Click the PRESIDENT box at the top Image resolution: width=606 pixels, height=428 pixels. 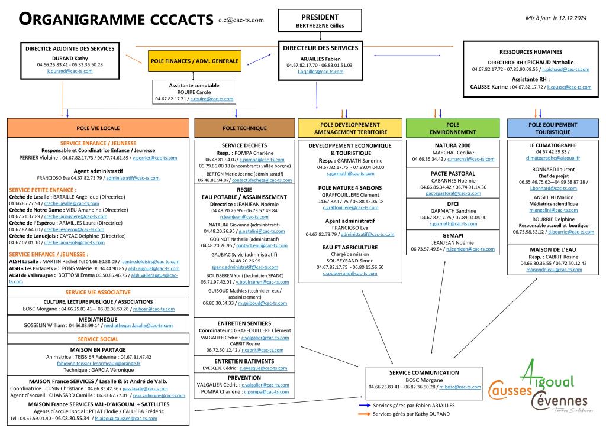pyautogui.click(x=320, y=21)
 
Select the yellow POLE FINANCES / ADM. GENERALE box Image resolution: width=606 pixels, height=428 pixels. pyautogui.click(x=195, y=61)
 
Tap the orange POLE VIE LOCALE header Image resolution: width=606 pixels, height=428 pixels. pyautogui.click(x=98, y=128)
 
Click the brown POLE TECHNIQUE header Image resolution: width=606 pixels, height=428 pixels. pyautogui.click(x=244, y=128)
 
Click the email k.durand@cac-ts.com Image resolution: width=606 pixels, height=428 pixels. pyautogui.click(x=70, y=71)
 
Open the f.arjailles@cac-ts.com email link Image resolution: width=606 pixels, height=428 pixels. pyautogui.click(x=320, y=71)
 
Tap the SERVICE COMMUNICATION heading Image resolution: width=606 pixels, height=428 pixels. pyautogui.click(x=424, y=373)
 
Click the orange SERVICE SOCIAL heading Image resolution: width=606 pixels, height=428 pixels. pyautogui.click(x=98, y=339)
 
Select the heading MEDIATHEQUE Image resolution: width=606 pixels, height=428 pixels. pyautogui.click(x=98, y=318)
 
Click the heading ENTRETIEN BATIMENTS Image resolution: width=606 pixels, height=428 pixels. pyautogui.click(x=244, y=361)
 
